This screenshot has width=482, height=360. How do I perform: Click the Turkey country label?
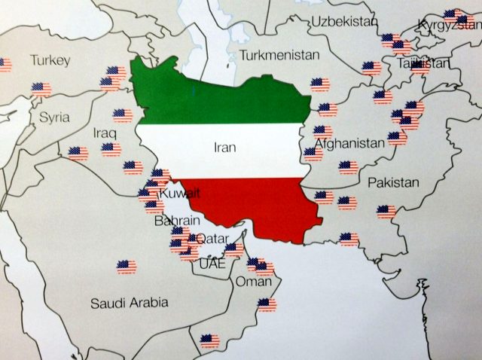click(50, 60)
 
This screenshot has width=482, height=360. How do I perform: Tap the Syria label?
click(54, 117)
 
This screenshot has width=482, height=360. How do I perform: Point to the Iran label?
click(225, 148)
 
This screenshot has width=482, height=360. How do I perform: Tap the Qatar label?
click(212, 239)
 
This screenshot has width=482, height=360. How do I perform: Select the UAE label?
click(212, 264)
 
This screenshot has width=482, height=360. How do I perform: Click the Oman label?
click(253, 282)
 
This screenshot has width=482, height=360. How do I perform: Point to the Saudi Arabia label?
click(129, 304)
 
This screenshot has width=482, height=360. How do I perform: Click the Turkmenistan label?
click(279, 55)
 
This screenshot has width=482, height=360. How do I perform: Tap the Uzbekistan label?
click(343, 20)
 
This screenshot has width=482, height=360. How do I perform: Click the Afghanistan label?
click(349, 143)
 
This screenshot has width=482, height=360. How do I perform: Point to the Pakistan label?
click(392, 183)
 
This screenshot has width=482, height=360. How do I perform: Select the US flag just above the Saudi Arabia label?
click(126, 266)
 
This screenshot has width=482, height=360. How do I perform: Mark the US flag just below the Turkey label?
click(42, 89)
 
